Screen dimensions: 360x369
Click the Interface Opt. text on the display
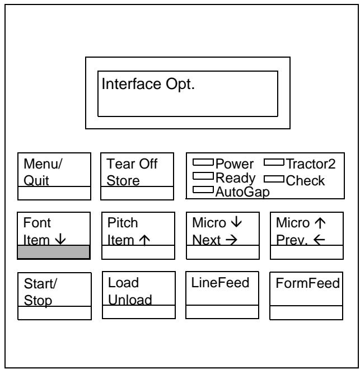[x=148, y=84]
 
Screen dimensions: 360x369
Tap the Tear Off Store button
[x=137, y=176]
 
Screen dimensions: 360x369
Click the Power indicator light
[x=203, y=162]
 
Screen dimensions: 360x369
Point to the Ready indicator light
[x=203, y=176]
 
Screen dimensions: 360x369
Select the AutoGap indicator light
[x=203, y=190]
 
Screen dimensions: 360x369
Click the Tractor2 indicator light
[x=274, y=162]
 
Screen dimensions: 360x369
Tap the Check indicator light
[x=274, y=179]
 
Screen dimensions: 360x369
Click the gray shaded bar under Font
[x=54, y=252]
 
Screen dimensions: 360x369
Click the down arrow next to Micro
[x=236, y=222]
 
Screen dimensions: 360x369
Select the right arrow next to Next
[x=231, y=240]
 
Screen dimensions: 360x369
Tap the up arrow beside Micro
[x=320, y=223]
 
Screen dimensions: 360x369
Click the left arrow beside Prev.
[x=319, y=240]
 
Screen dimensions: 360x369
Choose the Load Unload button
[x=139, y=295]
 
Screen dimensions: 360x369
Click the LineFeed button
[x=222, y=295]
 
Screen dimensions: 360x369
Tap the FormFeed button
[x=306, y=296]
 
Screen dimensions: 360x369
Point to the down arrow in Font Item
[x=60, y=239]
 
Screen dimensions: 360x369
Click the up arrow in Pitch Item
[x=144, y=240]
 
